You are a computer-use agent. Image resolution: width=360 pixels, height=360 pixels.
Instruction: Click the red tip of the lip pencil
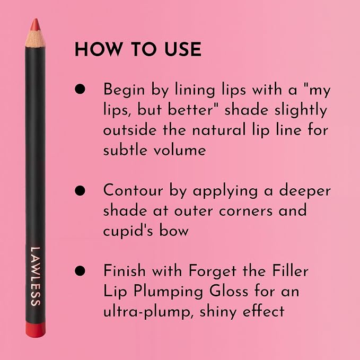35,25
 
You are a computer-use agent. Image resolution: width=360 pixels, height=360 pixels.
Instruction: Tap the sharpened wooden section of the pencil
35,39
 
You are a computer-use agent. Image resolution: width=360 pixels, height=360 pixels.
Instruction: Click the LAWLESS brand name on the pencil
36,276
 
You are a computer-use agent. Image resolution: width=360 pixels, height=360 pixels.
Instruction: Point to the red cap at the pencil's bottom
36,330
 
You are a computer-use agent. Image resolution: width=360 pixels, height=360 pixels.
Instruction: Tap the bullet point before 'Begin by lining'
80,89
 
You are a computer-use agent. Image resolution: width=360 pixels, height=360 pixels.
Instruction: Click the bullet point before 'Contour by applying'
80,190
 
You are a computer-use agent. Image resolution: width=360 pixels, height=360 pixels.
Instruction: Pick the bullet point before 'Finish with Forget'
80,270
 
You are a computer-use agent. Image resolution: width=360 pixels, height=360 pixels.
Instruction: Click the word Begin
124,90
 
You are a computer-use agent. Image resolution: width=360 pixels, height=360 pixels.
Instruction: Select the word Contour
133,190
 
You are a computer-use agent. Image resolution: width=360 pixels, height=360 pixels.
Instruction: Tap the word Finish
125,270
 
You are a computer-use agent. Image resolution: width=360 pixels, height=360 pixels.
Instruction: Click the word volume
180,150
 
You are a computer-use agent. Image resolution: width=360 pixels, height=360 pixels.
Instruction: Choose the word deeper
305,191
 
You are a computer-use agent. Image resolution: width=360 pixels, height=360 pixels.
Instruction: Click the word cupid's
128,231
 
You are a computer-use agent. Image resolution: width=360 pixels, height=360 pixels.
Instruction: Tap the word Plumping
168,292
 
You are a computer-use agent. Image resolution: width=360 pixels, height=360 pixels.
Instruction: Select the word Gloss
229,291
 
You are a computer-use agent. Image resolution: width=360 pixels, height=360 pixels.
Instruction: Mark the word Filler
291,270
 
